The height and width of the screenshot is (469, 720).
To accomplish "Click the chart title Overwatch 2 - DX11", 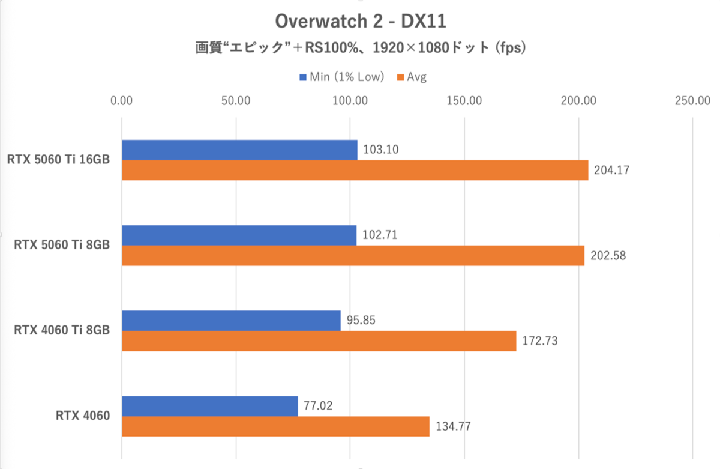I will [361, 22].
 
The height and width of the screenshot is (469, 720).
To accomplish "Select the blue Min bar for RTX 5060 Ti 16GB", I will [239, 150].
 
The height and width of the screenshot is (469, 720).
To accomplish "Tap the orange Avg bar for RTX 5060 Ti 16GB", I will [355, 171].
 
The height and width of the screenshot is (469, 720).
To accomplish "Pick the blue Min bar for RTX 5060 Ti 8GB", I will [239, 235].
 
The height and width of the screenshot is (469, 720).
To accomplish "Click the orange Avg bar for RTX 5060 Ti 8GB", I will [353, 256].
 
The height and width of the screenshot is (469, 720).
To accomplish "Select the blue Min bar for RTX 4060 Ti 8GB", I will [231, 321].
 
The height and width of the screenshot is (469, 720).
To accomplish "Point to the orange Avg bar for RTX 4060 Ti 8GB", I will [319, 341].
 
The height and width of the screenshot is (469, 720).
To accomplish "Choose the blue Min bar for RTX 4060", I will [209, 406].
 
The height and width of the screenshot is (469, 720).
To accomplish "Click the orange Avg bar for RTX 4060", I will [275, 426].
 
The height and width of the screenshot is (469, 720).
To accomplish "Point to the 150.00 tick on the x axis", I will [464, 101].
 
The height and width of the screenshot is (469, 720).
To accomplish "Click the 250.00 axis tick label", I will [692, 101].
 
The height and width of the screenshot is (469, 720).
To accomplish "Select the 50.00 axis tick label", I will [236, 101].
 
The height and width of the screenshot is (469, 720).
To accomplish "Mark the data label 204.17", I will [611, 171].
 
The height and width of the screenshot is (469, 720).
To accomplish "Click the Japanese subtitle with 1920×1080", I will [361, 48].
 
